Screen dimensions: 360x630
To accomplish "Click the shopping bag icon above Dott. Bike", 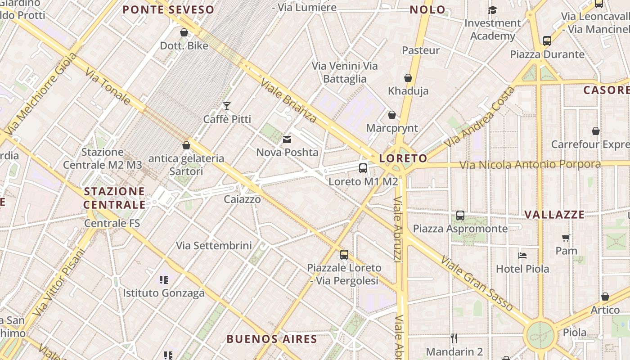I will pyautogui.click(x=184, y=32).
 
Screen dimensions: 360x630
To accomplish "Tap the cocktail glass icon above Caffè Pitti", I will pyautogui.click(x=227, y=106).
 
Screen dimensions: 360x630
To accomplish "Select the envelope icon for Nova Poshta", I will pyautogui.click(x=287, y=139).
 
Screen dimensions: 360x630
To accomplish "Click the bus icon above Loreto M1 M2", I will pyautogui.click(x=363, y=168).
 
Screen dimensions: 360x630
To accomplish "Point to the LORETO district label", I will pyautogui.click(x=403, y=158).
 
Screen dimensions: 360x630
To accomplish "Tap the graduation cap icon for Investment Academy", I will pyautogui.click(x=493, y=10).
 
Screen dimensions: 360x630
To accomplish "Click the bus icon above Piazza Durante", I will pyautogui.click(x=547, y=41).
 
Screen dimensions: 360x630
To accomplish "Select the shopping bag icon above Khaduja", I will pyautogui.click(x=408, y=78).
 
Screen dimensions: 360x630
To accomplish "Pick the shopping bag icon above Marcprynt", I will pyautogui.click(x=392, y=115).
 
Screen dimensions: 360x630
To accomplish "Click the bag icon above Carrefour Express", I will pyautogui.click(x=596, y=131).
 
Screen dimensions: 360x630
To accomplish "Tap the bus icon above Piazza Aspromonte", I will pyautogui.click(x=460, y=216).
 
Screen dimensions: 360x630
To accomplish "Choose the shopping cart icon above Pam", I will pyautogui.click(x=566, y=238).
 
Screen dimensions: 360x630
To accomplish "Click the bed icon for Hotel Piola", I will pyautogui.click(x=522, y=256).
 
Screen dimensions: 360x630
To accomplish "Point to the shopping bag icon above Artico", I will pyautogui.click(x=605, y=297).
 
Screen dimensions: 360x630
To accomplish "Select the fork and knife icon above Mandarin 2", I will pyautogui.click(x=454, y=338).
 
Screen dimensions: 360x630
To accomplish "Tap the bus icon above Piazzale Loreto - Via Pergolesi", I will pyautogui.click(x=344, y=255).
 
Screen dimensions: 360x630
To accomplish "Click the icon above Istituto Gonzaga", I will pyautogui.click(x=164, y=280).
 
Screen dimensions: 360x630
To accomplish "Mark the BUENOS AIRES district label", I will pyautogui.click(x=272, y=339).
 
